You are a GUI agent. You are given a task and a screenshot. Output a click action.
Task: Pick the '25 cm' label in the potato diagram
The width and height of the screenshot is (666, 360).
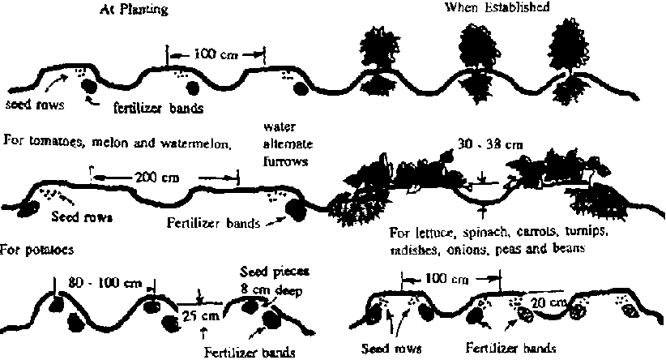pyautogui.click(x=201, y=315)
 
